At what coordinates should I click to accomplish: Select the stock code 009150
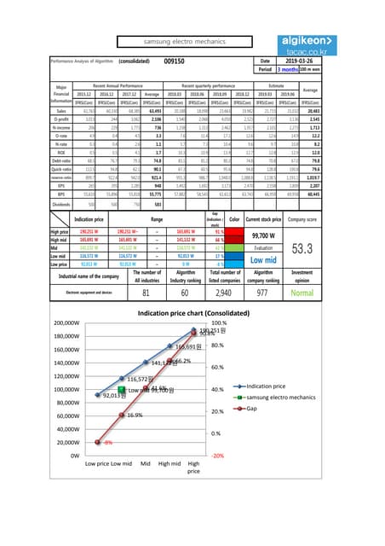(x=175, y=61)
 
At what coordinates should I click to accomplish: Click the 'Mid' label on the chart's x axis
(x=147, y=464)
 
